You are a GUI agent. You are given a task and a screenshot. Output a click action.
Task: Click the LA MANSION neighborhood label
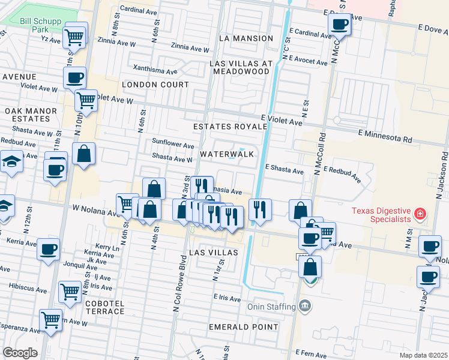pyautogui.click(x=246, y=38)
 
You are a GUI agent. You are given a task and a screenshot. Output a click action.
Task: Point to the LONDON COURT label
pyautogui.click(x=155, y=85)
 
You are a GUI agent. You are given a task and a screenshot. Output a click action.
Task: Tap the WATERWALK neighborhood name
pyautogui.click(x=227, y=154)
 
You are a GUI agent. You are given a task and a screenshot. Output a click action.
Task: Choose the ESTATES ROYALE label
pyautogui.click(x=230, y=127)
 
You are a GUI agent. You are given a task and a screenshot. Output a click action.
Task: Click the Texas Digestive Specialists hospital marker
pyautogui.click(x=420, y=214)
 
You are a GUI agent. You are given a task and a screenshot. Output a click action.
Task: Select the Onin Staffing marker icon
pyautogui.click(x=306, y=307)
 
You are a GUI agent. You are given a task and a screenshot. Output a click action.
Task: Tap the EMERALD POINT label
pyautogui.click(x=243, y=327)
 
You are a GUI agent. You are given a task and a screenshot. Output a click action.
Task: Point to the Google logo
pyautogui.click(x=20, y=352)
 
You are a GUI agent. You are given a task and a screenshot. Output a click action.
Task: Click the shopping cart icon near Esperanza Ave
pyautogui.click(x=50, y=319)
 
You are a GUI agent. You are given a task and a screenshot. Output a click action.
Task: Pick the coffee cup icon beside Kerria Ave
pyautogui.click(x=48, y=248)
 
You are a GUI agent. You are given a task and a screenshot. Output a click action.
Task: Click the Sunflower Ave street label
pyautogui.click(x=173, y=145)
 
